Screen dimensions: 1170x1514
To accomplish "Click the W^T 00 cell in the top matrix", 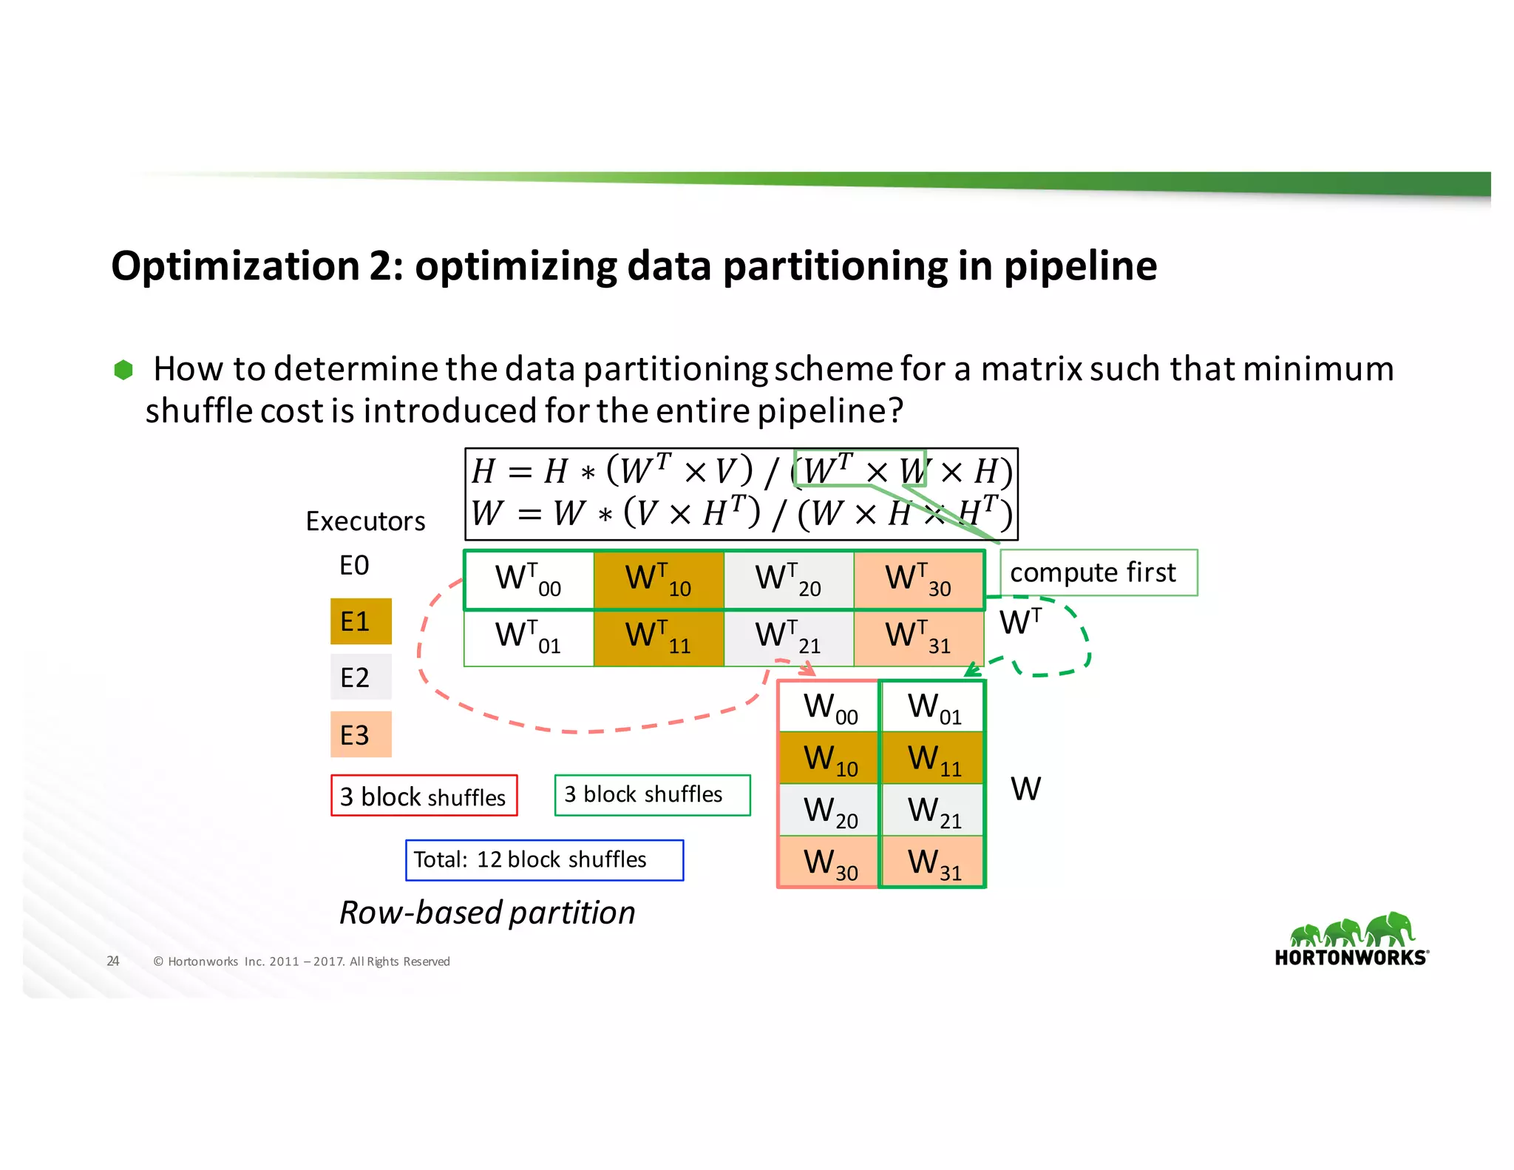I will click(529, 580).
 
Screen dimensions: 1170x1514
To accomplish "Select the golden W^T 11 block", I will click(659, 638).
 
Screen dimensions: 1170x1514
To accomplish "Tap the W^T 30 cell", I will click(919, 580).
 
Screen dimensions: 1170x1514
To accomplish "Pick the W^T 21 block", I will click(789, 638).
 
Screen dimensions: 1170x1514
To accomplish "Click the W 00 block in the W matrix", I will click(829, 707).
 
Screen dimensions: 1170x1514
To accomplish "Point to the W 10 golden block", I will click(829, 759).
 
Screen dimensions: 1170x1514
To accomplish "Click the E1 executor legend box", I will click(361, 621).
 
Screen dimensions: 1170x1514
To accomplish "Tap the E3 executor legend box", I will click(361, 734).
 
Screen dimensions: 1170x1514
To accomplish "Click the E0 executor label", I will click(354, 566).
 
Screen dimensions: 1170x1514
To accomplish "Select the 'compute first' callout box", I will click(1098, 572).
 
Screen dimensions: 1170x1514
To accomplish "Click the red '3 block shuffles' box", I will click(424, 796).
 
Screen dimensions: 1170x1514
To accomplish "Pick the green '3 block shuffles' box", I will click(652, 795).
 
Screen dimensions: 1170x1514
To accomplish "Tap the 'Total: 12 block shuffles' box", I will click(544, 860).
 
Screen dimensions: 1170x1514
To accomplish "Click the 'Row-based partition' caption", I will click(487, 913).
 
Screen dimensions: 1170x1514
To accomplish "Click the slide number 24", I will click(113, 961).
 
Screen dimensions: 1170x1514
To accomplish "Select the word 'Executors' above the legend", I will click(365, 521).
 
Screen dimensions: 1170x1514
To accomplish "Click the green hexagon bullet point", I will click(123, 370).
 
